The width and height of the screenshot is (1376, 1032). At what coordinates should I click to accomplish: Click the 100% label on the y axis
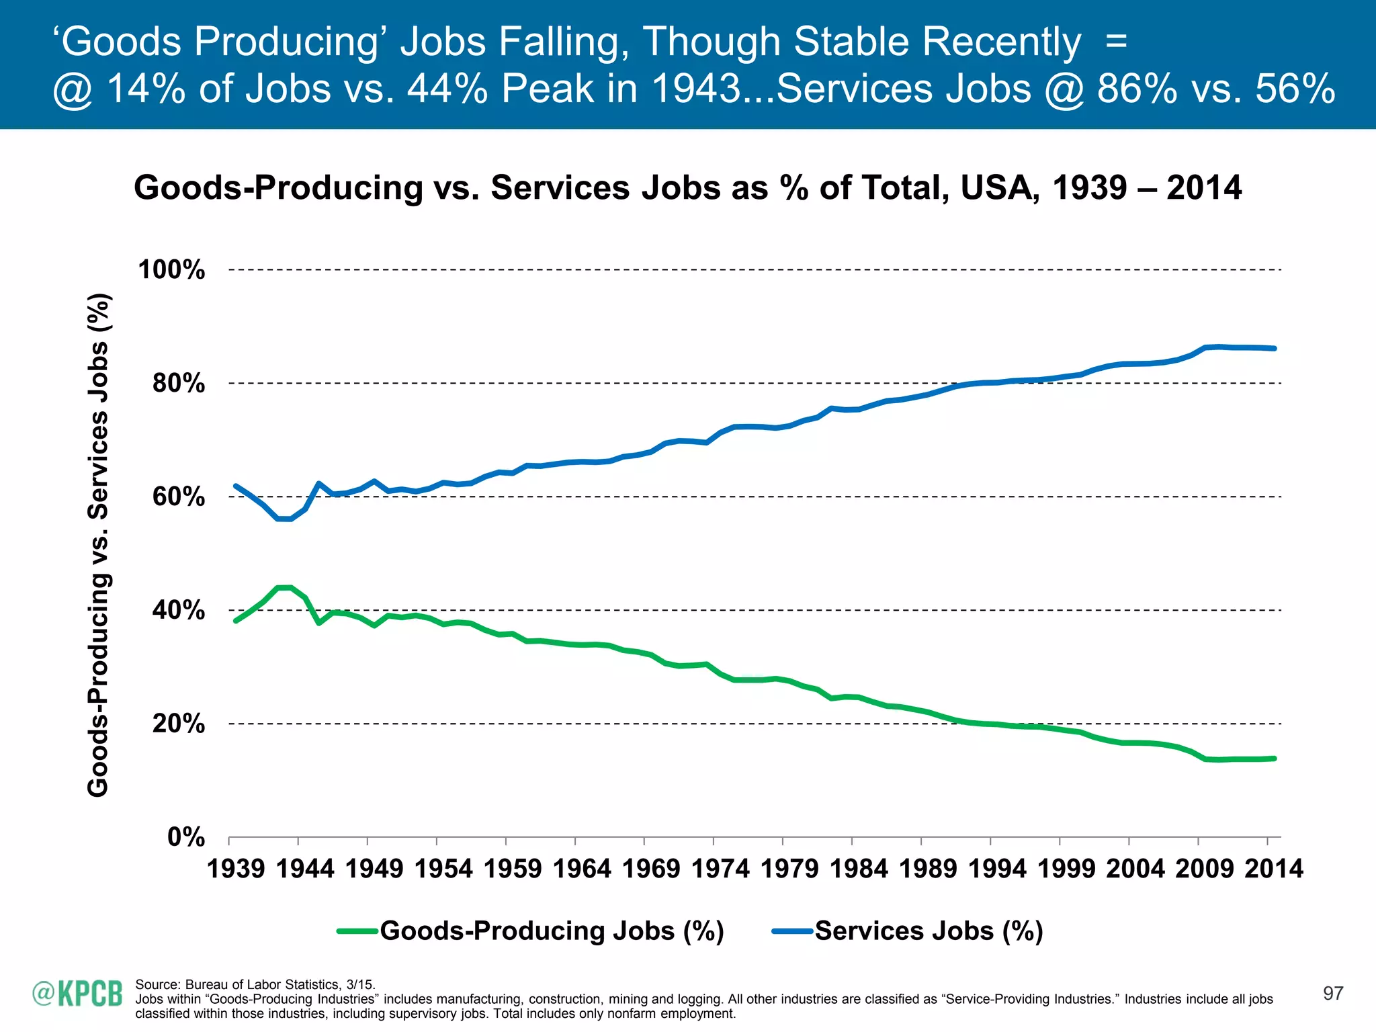point(171,270)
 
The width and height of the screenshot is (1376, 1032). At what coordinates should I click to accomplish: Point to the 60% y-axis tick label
point(178,497)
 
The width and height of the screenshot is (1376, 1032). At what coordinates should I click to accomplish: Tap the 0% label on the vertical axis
point(185,837)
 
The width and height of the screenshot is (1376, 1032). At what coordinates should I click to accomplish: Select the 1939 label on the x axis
point(236,869)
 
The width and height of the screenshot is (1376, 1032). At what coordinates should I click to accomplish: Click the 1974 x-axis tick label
point(720,869)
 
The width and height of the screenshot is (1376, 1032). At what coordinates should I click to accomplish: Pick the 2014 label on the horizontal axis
point(1273,869)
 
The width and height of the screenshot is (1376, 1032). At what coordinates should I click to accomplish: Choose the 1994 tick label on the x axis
point(997,869)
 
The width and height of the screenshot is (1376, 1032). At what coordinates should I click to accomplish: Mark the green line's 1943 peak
point(284,588)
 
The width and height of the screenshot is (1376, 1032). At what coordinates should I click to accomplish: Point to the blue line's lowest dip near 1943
point(284,519)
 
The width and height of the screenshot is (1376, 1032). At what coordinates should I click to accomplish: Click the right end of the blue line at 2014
point(1274,349)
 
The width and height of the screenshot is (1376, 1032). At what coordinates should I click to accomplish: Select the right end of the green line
point(1274,759)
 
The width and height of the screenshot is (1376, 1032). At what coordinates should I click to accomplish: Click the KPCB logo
point(78,994)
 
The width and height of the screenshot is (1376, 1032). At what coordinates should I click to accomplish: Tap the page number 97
point(1332,994)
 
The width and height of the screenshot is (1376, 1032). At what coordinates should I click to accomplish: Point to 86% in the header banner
point(1137,89)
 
